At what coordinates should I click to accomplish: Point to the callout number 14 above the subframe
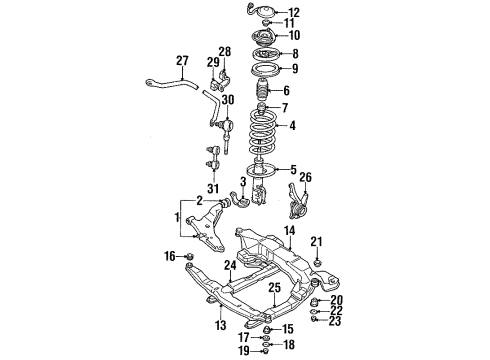point(288,231)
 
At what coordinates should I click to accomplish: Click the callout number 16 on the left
point(170,257)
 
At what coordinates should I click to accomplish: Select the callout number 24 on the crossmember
point(230,265)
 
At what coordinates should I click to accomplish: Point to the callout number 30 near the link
point(229,99)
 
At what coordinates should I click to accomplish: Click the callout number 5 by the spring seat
point(292,169)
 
